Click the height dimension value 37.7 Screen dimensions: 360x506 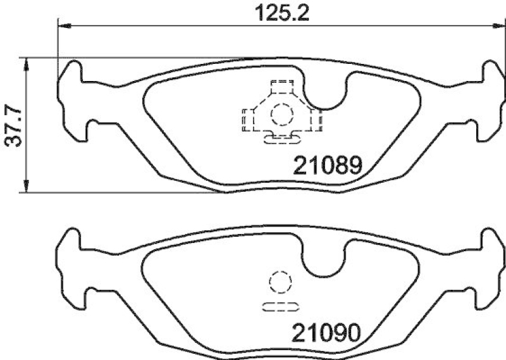(x=13, y=125)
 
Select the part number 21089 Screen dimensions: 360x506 (x=326, y=166)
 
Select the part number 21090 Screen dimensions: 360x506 (x=326, y=332)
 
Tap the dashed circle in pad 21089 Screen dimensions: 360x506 (x=281, y=115)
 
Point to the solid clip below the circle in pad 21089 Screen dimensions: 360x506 (x=281, y=137)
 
